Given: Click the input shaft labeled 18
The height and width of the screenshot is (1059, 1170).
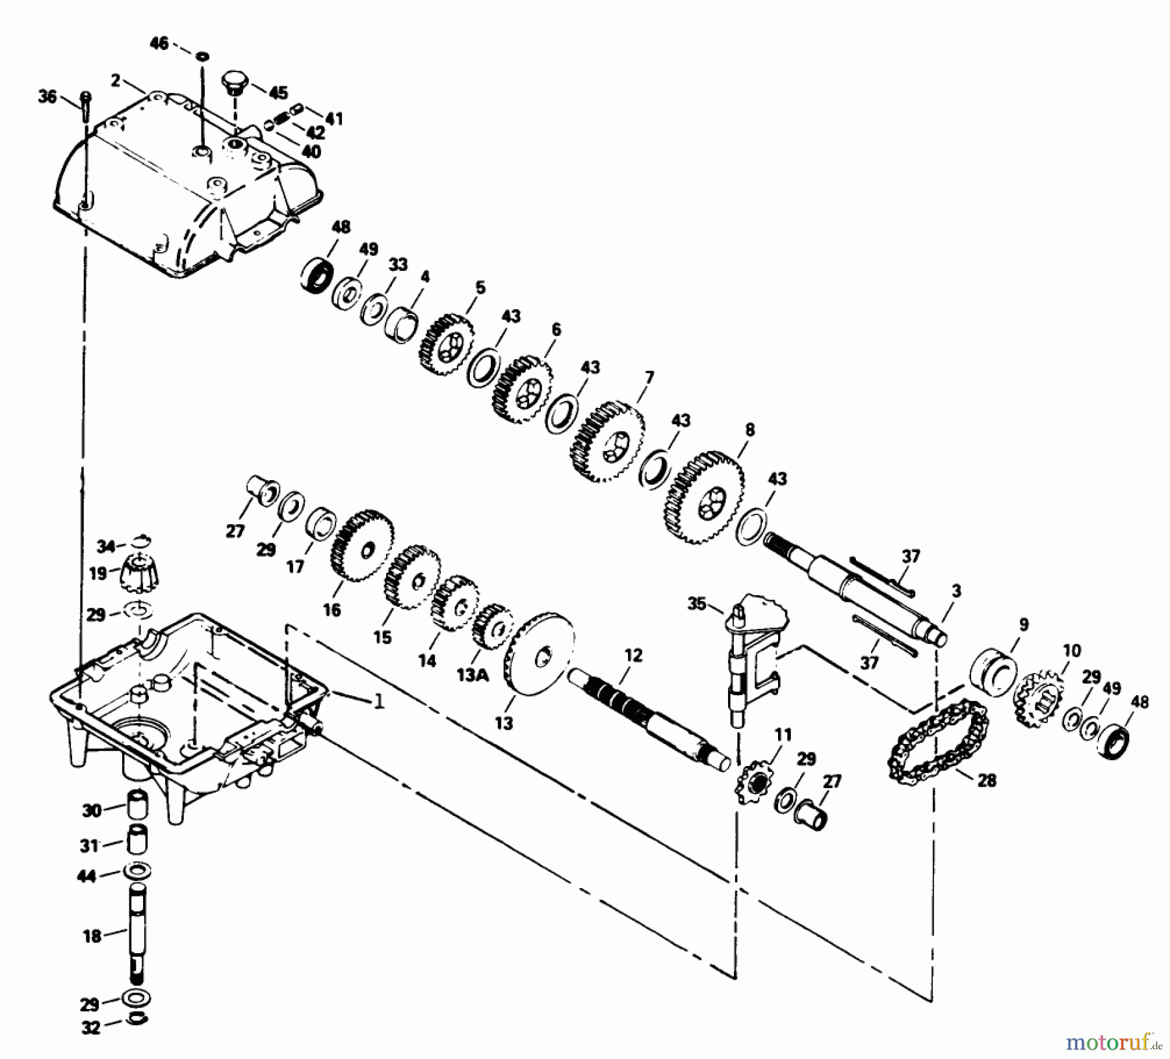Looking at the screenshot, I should (136, 934).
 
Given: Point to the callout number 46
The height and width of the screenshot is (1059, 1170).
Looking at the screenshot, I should (159, 43).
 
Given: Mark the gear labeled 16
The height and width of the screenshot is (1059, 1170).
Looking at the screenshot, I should (362, 545).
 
